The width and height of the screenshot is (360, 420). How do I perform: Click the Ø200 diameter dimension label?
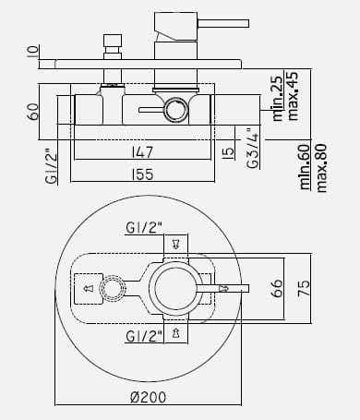coord(149,397)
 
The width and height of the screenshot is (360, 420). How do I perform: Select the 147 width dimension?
coord(142,152)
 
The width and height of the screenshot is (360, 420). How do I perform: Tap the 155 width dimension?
coord(142,174)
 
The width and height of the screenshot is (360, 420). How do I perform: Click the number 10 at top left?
coord(32,52)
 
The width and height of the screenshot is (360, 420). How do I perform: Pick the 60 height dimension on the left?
coord(32,112)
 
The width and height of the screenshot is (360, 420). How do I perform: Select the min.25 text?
coord(278,98)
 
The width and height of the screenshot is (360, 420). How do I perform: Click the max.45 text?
coord(293,96)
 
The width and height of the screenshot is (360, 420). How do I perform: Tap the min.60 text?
coord(306,166)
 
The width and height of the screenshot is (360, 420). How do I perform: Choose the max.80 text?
coord(321,168)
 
